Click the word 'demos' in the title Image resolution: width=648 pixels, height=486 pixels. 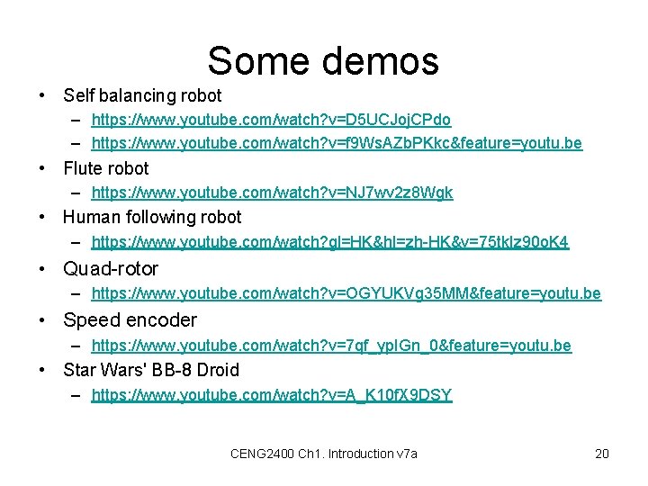coord(379,61)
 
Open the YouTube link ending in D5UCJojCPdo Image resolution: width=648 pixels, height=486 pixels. coord(271,120)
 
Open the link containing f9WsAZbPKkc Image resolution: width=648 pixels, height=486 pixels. coord(337,143)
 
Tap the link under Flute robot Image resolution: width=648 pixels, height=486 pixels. coord(272,193)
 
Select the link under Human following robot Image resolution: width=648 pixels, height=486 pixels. coord(330,242)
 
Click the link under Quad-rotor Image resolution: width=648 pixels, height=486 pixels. coord(346,293)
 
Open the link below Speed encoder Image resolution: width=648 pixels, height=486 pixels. coord(331,346)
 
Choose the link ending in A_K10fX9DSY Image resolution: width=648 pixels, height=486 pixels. coord(272,395)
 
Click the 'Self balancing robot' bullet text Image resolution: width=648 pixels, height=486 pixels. coord(142,94)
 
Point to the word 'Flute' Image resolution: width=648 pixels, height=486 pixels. coord(82,168)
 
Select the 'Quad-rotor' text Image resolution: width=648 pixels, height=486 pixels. coord(111,268)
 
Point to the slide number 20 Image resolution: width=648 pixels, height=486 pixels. coord(602,454)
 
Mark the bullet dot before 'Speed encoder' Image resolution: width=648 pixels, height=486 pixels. coord(43,319)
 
